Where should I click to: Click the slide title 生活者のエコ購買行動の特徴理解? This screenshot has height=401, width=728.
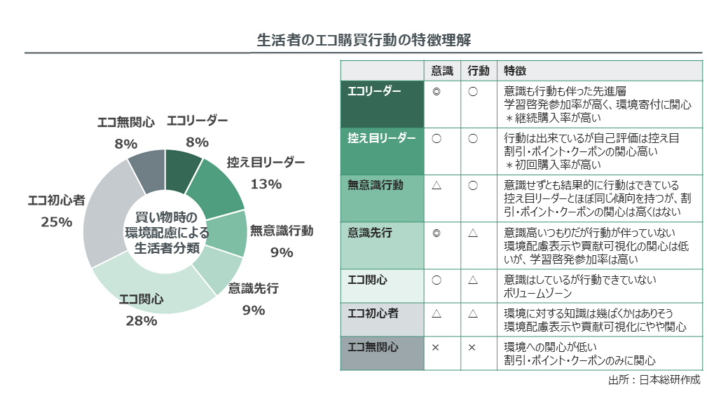[x=364, y=39]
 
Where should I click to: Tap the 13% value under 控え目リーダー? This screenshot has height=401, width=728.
[x=266, y=184]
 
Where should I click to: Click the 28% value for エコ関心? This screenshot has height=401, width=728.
[x=142, y=321]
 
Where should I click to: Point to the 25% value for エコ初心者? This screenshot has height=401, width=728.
[x=57, y=222]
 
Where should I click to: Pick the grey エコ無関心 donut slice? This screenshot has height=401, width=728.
[x=148, y=172]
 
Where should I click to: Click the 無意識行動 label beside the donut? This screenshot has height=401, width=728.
[x=282, y=231]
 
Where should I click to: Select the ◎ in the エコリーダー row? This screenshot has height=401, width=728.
[x=437, y=91]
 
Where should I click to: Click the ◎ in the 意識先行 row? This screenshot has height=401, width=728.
[x=437, y=232]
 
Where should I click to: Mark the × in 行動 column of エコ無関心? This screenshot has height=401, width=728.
[x=472, y=347]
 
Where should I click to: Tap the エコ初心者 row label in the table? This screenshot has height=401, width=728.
[x=373, y=313]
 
